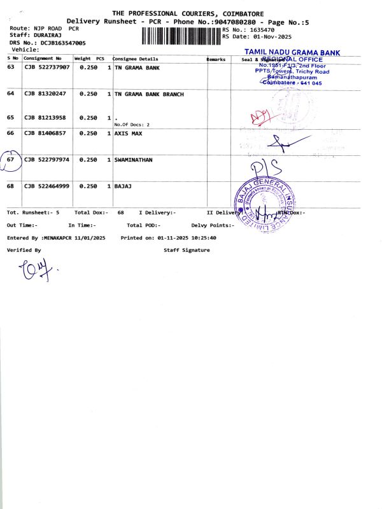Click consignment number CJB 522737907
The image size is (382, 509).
[x=47, y=67]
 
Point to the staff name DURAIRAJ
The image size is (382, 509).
[x=45, y=36]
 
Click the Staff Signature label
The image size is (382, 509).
[x=187, y=251]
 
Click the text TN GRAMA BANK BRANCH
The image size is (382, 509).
[x=149, y=94]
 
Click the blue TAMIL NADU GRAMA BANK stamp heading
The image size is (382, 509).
[x=292, y=52]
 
